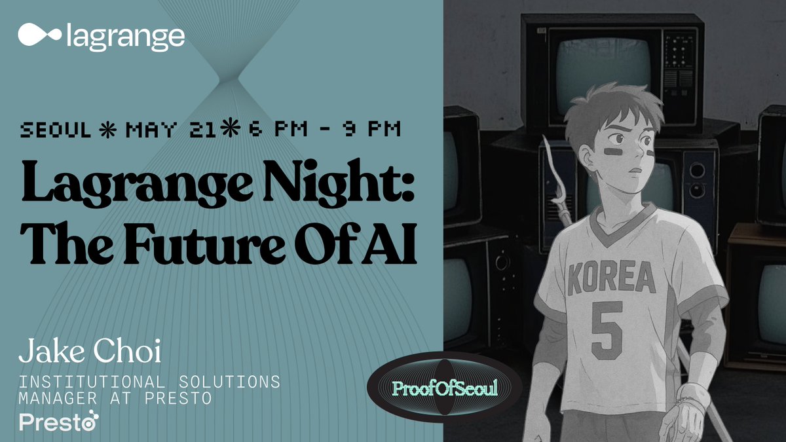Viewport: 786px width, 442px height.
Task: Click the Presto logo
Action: [x=59, y=421]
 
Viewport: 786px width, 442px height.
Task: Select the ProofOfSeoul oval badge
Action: [x=445, y=388]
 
